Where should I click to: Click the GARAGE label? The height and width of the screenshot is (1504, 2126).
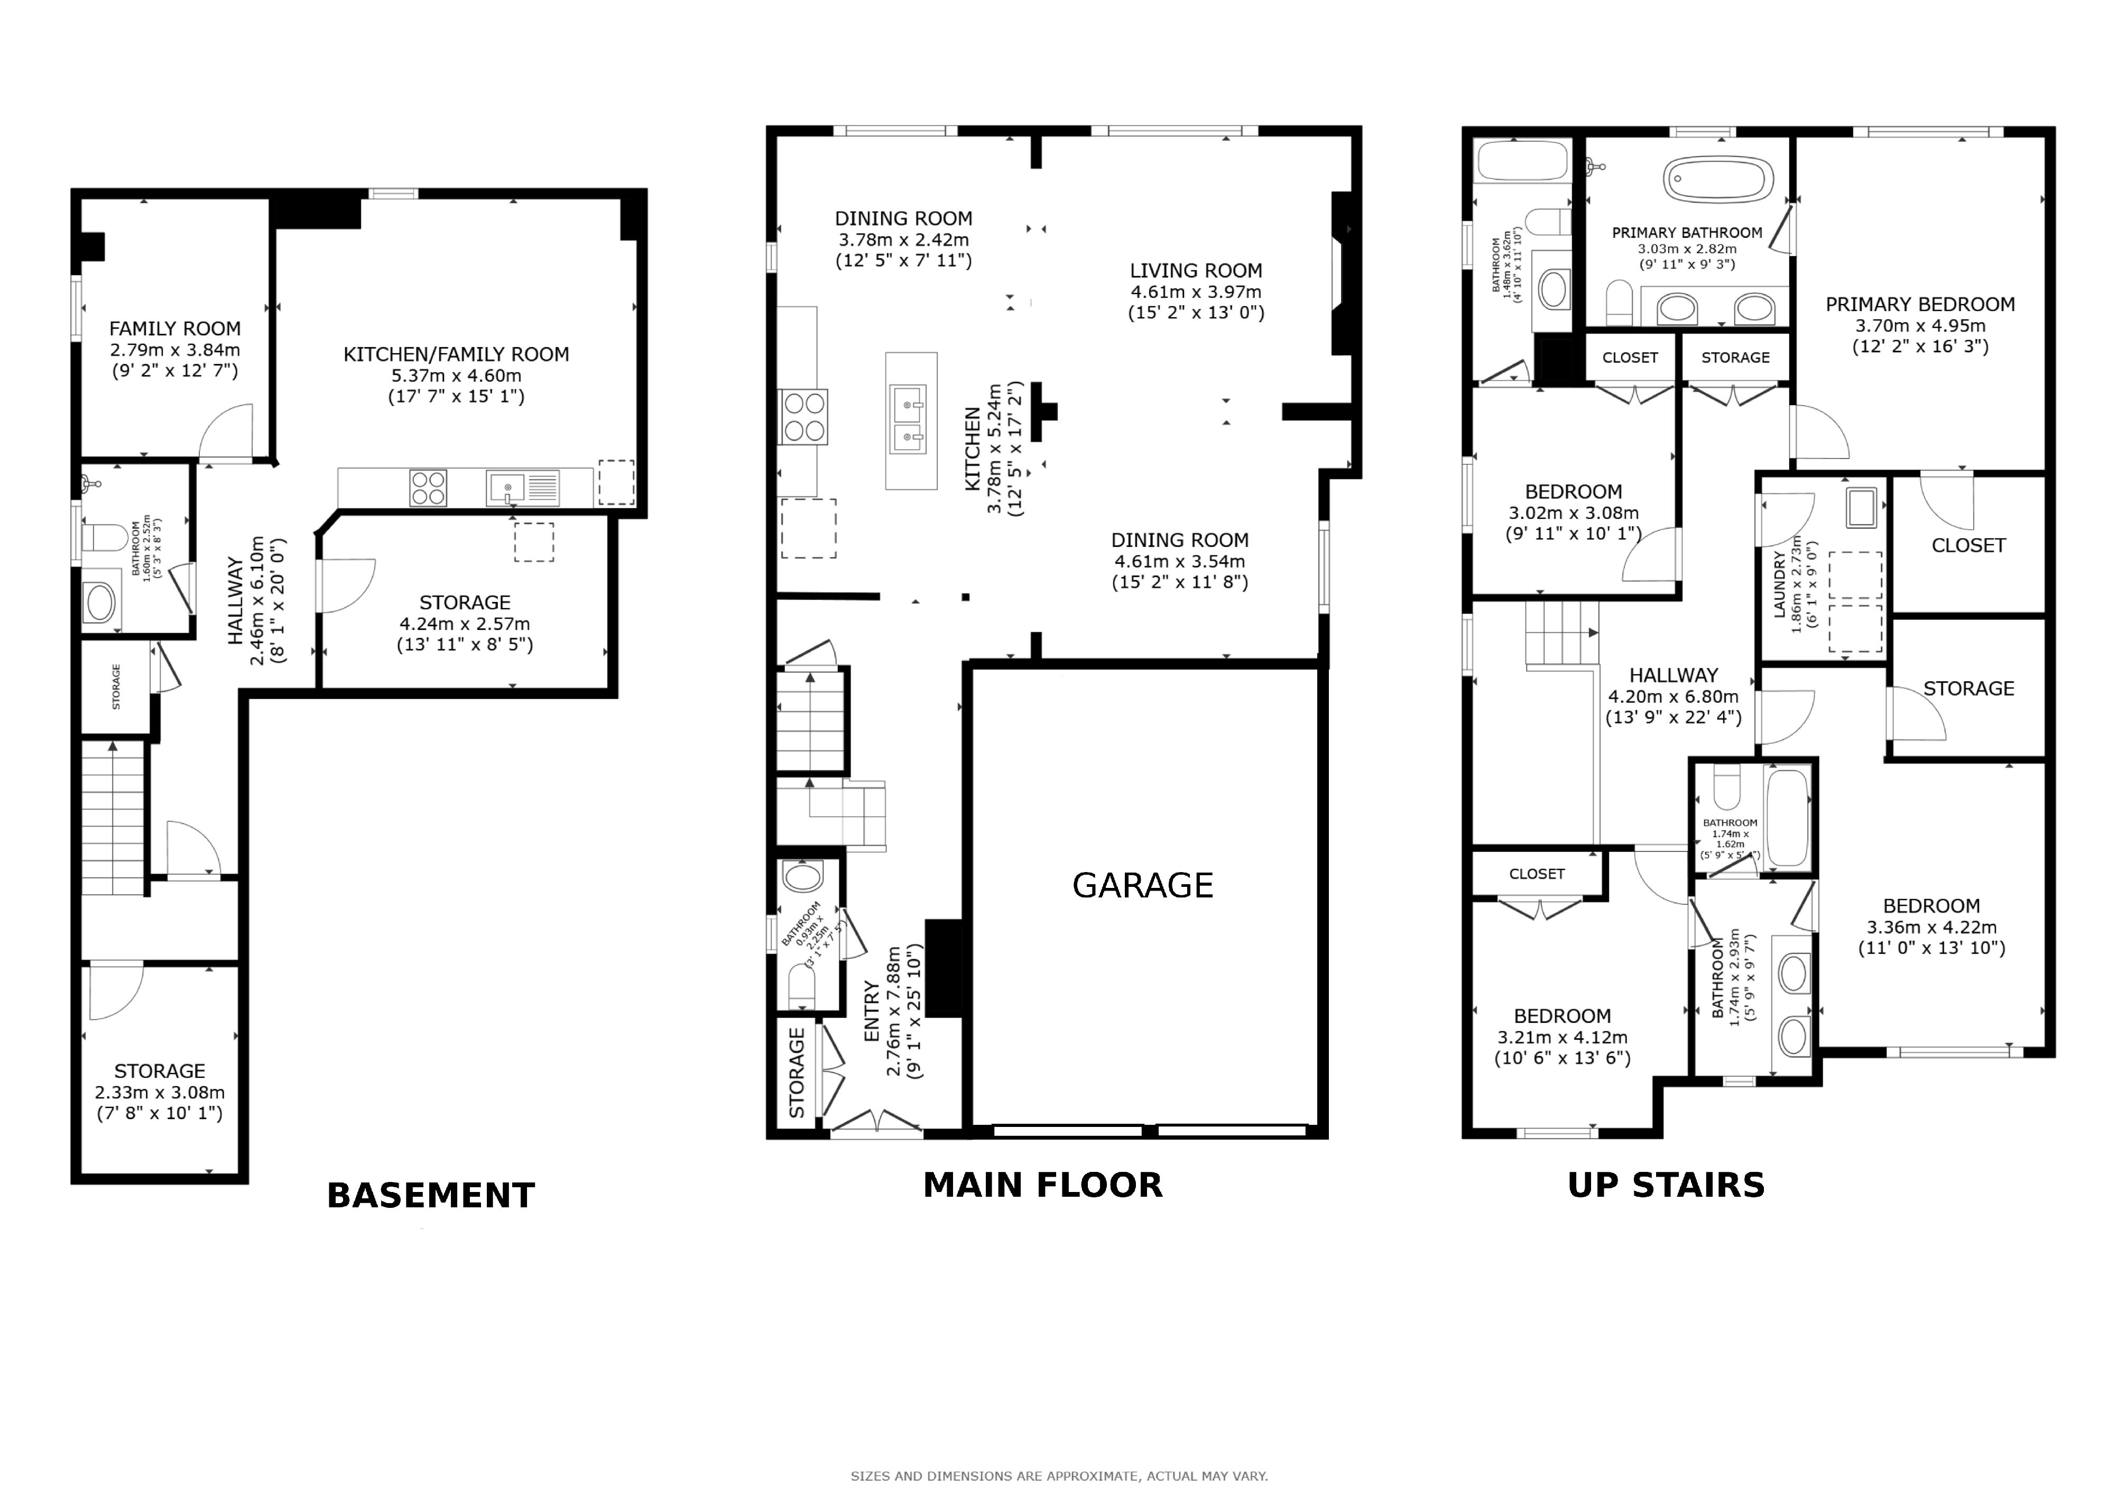pos(1143,885)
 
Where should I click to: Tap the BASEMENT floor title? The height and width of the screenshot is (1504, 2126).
pos(431,1196)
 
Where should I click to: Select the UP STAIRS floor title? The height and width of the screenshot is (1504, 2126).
pos(1666,1186)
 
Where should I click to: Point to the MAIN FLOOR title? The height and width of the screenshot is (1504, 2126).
pos(1042,1186)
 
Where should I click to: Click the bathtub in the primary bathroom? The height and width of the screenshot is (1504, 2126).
pos(1720,179)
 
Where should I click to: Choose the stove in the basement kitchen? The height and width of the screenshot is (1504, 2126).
pos(428,488)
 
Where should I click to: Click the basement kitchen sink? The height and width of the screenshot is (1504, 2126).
pos(522,488)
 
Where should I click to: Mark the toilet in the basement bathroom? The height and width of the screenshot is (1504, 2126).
pos(103,537)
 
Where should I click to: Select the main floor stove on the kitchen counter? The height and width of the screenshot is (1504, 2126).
pos(804,418)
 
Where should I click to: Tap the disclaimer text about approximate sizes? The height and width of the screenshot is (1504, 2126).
pos(1059,1476)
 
